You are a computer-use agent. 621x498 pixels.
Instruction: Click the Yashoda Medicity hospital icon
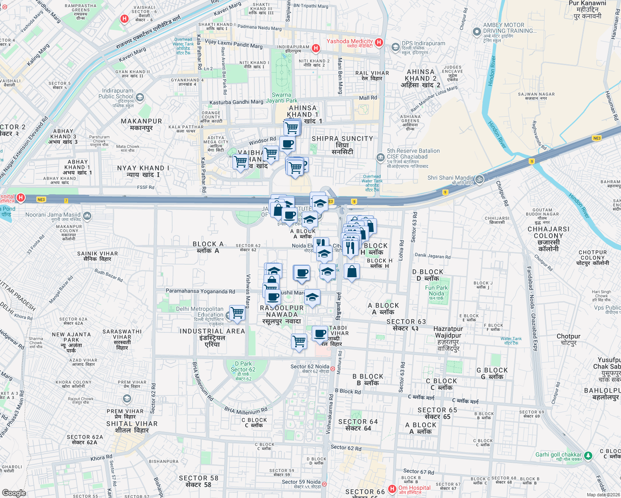click(379, 42)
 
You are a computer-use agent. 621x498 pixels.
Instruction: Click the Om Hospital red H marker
click(392, 489)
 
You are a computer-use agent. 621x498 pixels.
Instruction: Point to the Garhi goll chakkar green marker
click(588, 456)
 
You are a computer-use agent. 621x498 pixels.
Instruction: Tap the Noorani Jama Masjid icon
click(87, 216)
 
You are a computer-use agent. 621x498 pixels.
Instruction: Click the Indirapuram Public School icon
click(140, 98)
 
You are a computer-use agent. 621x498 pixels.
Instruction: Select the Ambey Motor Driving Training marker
click(477, 32)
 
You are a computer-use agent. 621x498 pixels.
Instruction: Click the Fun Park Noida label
click(436, 290)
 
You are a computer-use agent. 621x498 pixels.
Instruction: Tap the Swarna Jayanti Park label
click(281, 98)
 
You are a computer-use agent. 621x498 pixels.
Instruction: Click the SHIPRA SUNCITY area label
click(342, 139)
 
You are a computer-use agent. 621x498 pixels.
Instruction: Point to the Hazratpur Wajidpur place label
click(448, 332)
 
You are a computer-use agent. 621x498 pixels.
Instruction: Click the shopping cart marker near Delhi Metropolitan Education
click(237, 312)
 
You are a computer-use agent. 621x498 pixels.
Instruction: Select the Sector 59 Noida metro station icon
click(324, 484)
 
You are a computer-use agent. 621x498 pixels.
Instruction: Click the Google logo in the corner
click(14, 493)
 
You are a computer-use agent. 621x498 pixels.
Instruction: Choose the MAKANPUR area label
click(141, 121)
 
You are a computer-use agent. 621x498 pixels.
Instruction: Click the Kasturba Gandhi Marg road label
click(236, 102)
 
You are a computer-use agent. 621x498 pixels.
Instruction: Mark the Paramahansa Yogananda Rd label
click(200, 291)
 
